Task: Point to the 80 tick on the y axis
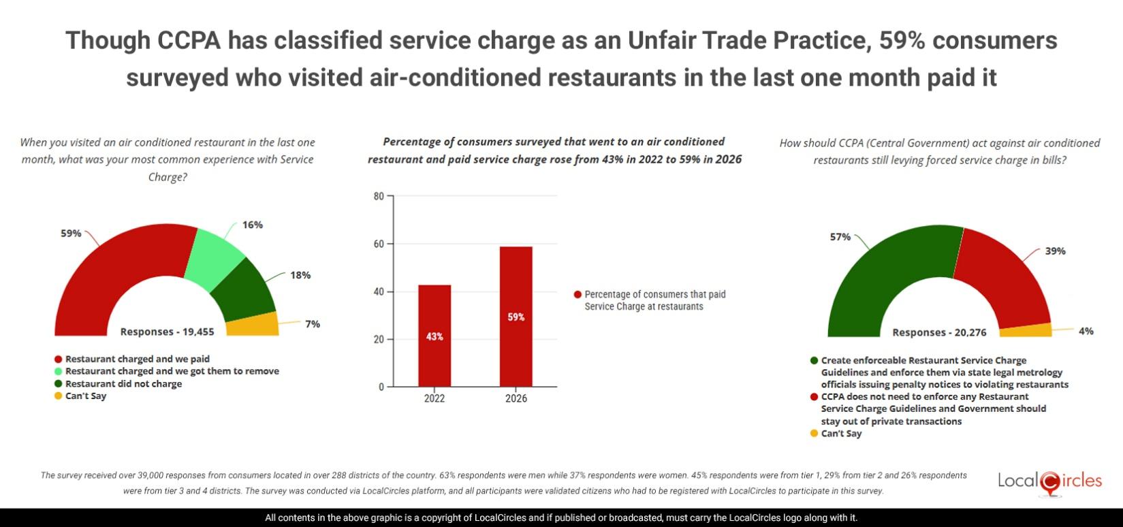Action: coord(379,196)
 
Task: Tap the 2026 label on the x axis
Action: coord(516,398)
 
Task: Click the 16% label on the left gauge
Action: coord(252,225)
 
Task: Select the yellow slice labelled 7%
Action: coord(253,325)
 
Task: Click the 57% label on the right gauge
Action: coord(840,237)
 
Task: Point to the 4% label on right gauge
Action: coord(1086,331)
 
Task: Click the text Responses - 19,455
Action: coord(167,332)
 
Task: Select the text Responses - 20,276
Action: coord(939,332)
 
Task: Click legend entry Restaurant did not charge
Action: coord(123,383)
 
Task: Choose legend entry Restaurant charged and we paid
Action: coord(137,359)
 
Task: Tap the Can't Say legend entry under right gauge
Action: coord(840,433)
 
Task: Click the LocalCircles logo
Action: coord(1049,481)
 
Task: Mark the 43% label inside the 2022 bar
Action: coord(434,336)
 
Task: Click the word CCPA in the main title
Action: coord(189,41)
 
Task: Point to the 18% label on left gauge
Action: coord(300,275)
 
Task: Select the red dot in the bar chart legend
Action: coord(578,295)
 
